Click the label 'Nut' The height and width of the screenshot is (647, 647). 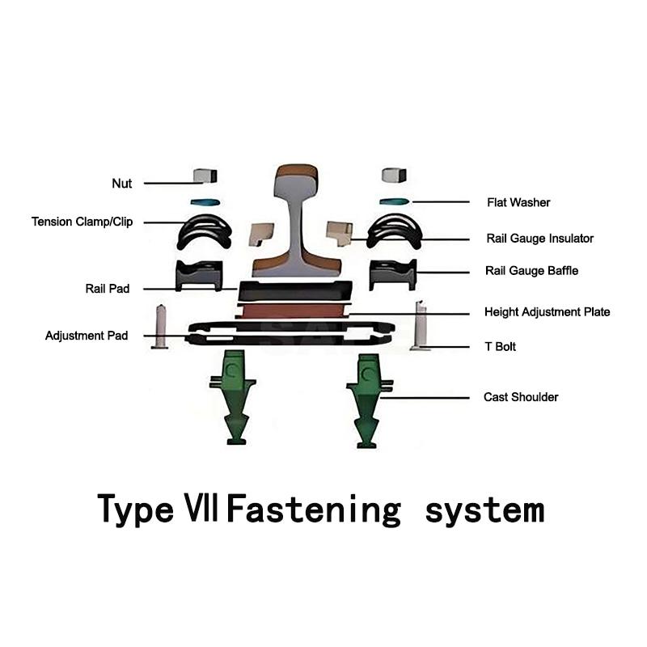pyautogui.click(x=121, y=184)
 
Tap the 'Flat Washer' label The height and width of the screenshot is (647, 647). pyautogui.click(x=518, y=202)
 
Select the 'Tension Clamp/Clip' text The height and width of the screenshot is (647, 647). pyautogui.click(x=82, y=222)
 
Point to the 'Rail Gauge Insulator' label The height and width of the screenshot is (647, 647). pyautogui.click(x=540, y=239)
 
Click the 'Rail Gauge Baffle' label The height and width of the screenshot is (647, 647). pyautogui.click(x=532, y=271)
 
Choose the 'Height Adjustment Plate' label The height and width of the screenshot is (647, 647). pyautogui.click(x=547, y=312)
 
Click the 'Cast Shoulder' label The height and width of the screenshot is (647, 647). pyautogui.click(x=521, y=397)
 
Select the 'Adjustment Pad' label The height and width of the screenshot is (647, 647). pyautogui.click(x=87, y=336)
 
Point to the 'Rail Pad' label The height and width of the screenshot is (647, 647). pyautogui.click(x=108, y=289)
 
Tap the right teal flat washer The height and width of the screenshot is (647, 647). pyautogui.click(x=395, y=201)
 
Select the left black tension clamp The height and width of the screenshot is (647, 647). pyautogui.click(x=205, y=231)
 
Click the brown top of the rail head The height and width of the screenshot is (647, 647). pyautogui.click(x=298, y=172)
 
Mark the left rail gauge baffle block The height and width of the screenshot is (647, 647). pyautogui.click(x=199, y=275)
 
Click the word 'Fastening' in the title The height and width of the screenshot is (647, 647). pyautogui.click(x=313, y=510)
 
